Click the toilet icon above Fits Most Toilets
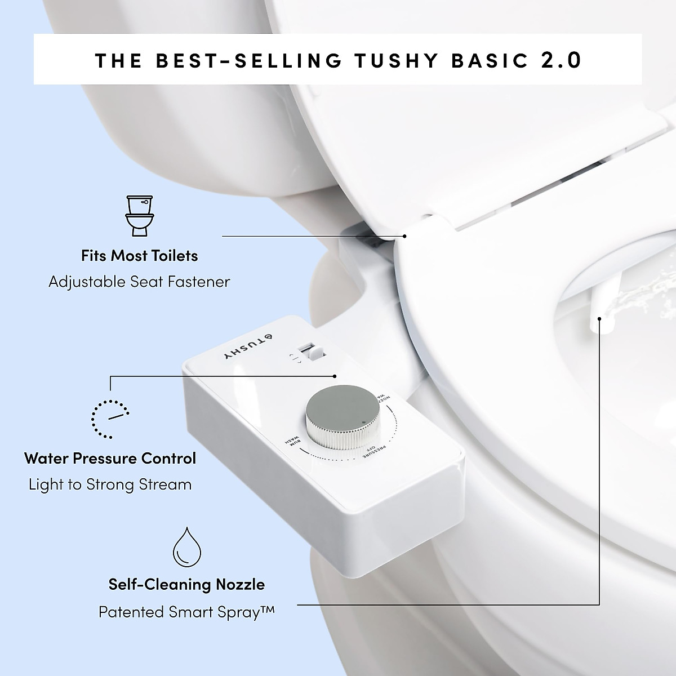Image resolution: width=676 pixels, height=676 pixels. pos(139,215)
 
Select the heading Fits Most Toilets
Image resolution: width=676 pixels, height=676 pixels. pos(139,256)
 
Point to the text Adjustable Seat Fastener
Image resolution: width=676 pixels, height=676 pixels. pos(139,282)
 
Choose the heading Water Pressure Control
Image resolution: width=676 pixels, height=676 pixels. pos(110,458)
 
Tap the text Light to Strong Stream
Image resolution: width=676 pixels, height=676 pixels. pos(110,484)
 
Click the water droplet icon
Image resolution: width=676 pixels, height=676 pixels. pos(186,546)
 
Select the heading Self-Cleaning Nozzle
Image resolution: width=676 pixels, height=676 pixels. pos(186,585)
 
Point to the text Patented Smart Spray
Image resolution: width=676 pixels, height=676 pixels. pos(186,612)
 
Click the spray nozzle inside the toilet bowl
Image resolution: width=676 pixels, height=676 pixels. pos(597,315)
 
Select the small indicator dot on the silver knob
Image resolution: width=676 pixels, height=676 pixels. pos(364,422)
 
